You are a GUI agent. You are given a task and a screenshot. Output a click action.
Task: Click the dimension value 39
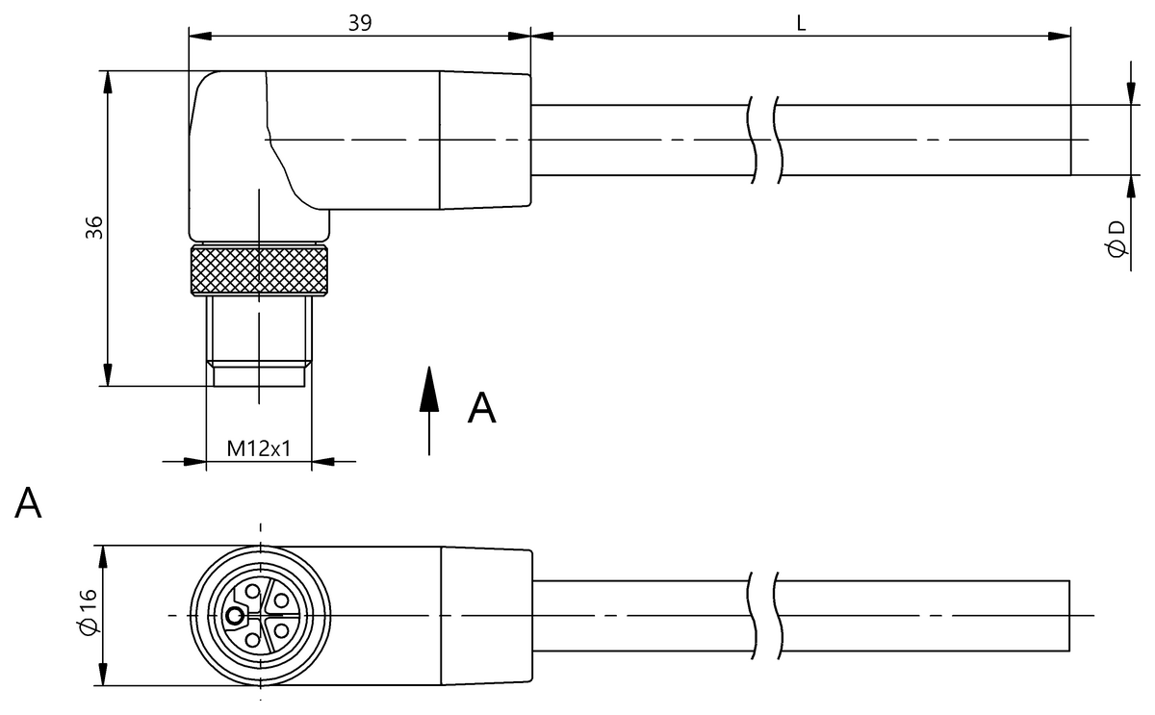point(359,23)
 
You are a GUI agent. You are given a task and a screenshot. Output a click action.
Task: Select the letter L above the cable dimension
point(801,23)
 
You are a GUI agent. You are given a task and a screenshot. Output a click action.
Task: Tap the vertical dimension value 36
point(94,228)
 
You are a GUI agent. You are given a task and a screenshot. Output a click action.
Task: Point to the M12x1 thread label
point(259,448)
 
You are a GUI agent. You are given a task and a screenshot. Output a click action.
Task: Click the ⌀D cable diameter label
point(1116,240)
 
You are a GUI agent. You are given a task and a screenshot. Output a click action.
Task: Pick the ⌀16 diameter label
point(89,612)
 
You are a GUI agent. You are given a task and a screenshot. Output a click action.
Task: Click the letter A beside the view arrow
point(481,408)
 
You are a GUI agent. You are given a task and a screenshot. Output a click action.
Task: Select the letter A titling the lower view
point(28,502)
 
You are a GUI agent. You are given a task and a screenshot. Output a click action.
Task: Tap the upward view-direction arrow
point(429,411)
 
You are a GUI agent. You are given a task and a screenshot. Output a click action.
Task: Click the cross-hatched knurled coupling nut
point(259,270)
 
